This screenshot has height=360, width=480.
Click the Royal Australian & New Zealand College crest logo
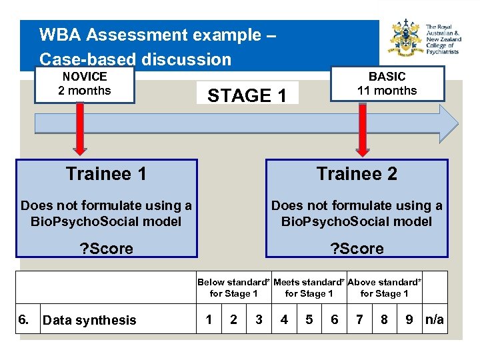coord(405,39)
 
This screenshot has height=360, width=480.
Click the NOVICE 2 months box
coord(85,85)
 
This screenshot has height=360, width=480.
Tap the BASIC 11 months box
coord(387,84)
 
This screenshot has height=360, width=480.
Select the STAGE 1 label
coord(247,95)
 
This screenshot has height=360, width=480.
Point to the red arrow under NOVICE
coord(79,130)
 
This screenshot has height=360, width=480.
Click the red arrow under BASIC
coord(363,130)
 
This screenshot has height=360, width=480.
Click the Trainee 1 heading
coord(107,174)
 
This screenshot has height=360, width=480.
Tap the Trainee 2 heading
coord(357,174)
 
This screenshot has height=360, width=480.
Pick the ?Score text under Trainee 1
coord(107,249)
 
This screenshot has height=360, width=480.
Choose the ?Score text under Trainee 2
coord(357,249)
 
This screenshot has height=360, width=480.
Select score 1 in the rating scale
coord(209,320)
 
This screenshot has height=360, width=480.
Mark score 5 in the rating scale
coord(309,320)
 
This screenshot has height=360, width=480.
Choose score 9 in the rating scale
coord(409,320)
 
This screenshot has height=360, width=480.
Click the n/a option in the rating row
coord(434,320)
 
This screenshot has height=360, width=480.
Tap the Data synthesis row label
coord(89,321)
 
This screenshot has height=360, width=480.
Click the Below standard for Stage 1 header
coord(233,287)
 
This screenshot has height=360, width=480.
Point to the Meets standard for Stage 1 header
coord(309,287)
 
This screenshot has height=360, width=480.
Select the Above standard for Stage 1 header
coord(384,287)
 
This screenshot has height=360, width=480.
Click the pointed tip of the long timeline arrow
coord(458,123)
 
